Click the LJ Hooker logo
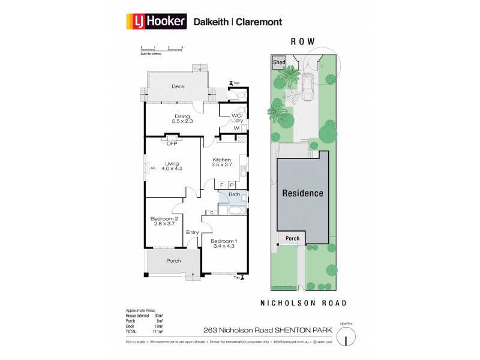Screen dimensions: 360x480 click(157, 22)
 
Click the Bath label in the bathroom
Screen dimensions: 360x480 click(234, 194)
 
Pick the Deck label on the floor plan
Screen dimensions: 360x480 click(178, 86)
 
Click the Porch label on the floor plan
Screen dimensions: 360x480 click(173, 261)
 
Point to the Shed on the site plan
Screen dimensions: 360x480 click(279, 62)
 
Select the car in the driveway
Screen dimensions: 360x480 click(307, 87)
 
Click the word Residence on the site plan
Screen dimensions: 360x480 click(303, 193)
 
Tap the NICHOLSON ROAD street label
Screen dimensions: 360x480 click(302, 303)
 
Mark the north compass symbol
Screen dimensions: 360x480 click(346, 333)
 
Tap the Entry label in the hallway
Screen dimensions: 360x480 click(192, 233)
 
